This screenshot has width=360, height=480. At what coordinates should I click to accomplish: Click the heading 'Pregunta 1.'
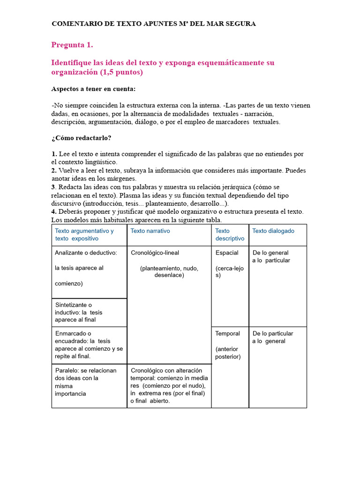(x=72, y=45)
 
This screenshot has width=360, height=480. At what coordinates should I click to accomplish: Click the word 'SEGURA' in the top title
(x=240, y=23)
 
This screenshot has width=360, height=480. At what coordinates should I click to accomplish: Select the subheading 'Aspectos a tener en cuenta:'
(x=93, y=89)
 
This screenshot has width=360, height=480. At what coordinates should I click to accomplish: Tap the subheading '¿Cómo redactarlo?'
(x=81, y=138)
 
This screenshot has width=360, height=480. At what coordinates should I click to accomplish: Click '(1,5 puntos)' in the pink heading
(x=121, y=72)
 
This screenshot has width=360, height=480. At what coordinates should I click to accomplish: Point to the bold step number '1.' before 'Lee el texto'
(x=54, y=154)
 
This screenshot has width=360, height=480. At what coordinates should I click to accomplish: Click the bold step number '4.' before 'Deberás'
(x=54, y=212)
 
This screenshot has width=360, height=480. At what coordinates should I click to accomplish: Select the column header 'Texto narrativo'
(x=150, y=231)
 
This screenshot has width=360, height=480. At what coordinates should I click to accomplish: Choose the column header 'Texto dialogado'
(x=273, y=231)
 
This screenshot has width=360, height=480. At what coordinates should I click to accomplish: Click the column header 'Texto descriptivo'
(x=230, y=234)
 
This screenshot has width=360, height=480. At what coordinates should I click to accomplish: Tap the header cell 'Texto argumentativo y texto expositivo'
(x=84, y=234)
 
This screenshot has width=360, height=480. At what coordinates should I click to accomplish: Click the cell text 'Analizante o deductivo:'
(x=86, y=253)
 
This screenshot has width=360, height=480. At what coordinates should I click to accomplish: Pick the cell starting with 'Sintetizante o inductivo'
(x=79, y=312)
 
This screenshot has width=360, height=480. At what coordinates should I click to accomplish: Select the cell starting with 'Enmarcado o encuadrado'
(x=89, y=345)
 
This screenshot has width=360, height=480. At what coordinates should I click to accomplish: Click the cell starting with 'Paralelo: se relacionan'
(x=85, y=382)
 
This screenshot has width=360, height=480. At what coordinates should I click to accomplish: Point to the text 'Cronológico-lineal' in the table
(x=155, y=253)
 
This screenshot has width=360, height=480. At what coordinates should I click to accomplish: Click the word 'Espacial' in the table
(x=227, y=253)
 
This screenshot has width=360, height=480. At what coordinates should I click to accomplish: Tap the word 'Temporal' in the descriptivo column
(x=227, y=334)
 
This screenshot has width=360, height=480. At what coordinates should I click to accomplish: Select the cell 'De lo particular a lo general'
(x=272, y=337)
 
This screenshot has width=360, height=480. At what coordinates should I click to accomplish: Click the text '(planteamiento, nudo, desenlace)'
(x=169, y=271)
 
